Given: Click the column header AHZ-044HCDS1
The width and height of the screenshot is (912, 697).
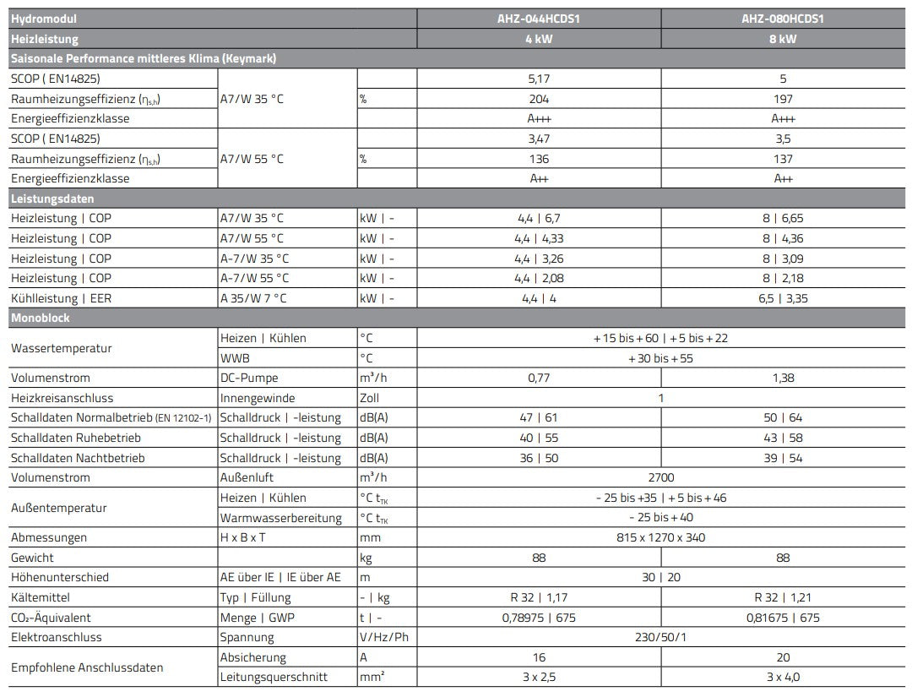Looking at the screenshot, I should tap(539, 19).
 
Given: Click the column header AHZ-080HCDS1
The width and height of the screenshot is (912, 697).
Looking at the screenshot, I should tap(783, 19).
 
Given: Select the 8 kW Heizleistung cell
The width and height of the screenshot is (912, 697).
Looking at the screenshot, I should tap(783, 39).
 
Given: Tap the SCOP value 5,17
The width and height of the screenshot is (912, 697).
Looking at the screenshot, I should tap(539, 79).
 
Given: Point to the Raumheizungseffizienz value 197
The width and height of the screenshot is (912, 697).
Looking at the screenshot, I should tap(783, 98).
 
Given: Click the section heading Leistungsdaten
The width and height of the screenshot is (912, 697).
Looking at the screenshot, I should tap(52, 199).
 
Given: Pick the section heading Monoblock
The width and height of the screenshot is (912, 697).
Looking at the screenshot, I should tap(41, 319).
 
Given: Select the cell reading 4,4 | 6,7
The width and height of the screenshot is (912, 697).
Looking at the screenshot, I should tap(539, 218).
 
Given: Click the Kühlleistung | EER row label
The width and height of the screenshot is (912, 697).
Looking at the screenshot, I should tap(61, 298).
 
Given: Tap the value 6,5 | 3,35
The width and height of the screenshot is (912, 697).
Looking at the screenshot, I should tap(783, 298).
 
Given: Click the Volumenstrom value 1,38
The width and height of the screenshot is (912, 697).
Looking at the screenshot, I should tap(783, 378).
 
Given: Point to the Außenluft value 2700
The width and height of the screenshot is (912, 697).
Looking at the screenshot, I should tap(661, 477).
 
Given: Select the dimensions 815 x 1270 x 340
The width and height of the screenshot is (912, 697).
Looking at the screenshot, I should tap(661, 537).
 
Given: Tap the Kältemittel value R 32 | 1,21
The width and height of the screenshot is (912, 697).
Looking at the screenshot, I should tap(783, 597).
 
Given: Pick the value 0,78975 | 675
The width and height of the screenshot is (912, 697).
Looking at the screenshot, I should tap(539, 618).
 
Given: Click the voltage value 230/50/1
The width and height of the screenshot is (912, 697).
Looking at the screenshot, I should tap(661, 637).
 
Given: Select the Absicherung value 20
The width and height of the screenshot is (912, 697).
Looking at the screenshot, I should tap(783, 657).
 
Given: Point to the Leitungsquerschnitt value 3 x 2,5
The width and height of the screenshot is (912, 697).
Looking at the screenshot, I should tap(539, 677).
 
